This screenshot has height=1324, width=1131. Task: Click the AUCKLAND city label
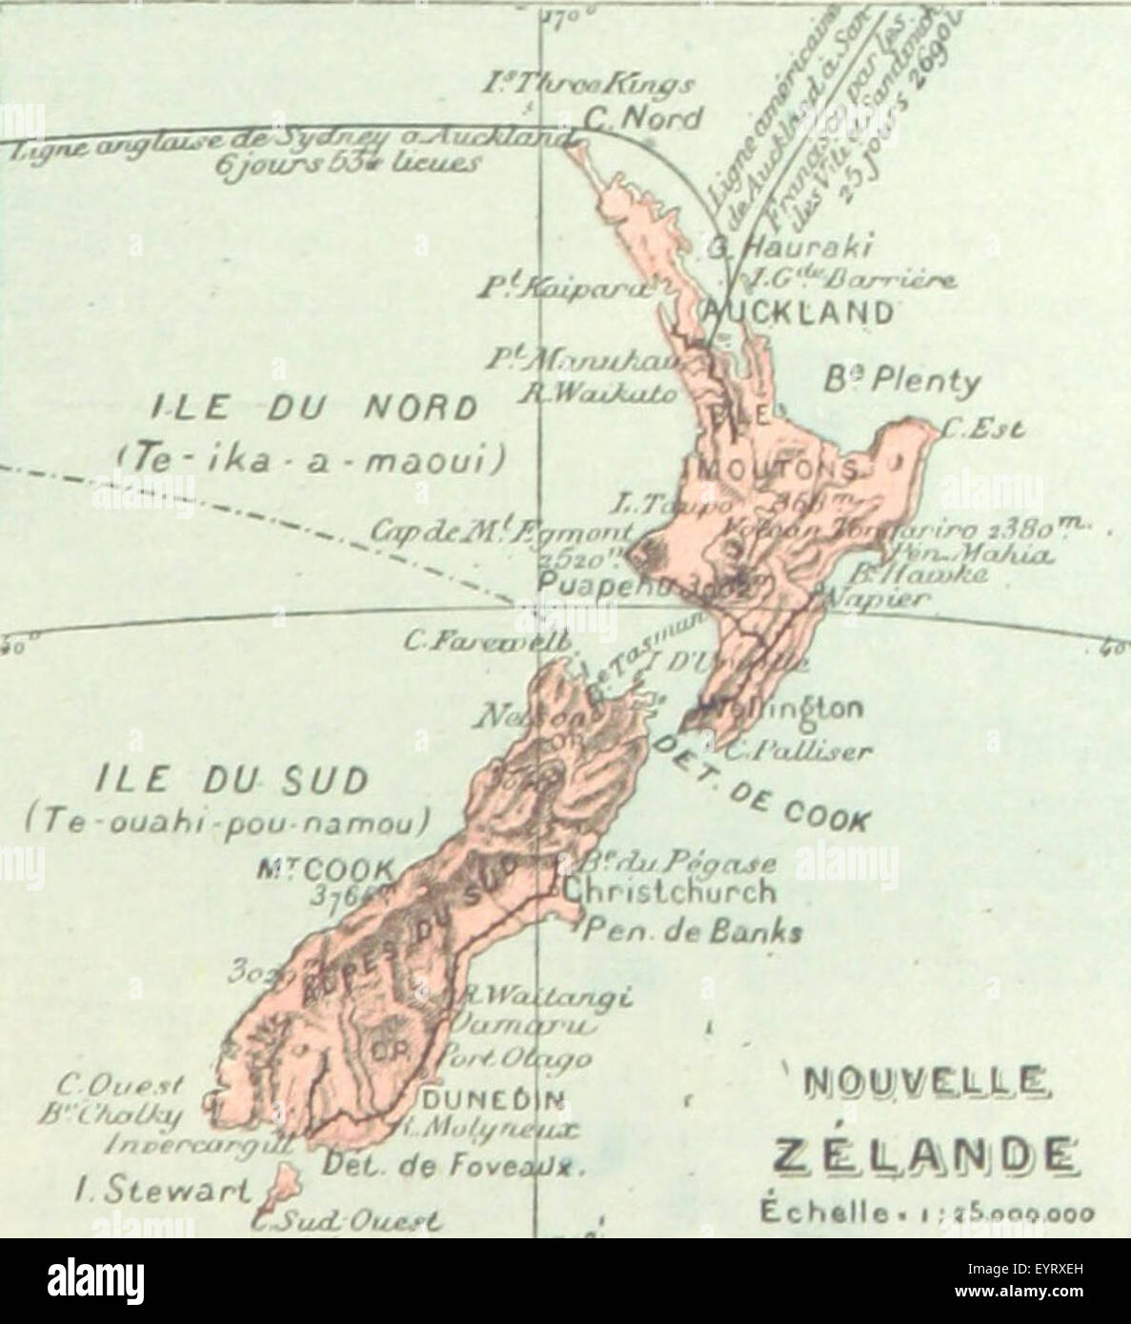(x=798, y=311)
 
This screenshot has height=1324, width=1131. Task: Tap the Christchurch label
(x=669, y=893)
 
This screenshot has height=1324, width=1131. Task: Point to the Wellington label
(x=786, y=710)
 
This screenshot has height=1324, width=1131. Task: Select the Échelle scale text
(x=924, y=1214)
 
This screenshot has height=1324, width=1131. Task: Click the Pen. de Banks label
(x=693, y=932)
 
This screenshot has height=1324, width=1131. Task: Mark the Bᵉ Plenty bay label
(x=901, y=382)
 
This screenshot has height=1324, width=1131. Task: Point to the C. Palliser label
(x=797, y=752)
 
